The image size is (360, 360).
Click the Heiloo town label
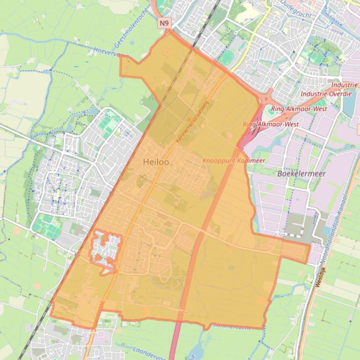[156, 162]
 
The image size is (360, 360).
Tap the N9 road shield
[163, 22]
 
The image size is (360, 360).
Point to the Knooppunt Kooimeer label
[234, 160]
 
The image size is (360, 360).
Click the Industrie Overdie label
[326, 94]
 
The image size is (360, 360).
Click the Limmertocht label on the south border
[231, 326]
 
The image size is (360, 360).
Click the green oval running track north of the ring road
[228, 58]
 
